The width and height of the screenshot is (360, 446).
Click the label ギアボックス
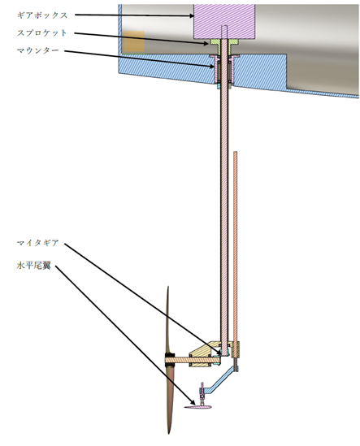click(x=42, y=15)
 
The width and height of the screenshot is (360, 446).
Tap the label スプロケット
click(x=42, y=32)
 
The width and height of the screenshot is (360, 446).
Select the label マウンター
click(x=38, y=50)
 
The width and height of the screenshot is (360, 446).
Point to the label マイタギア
click(x=38, y=243)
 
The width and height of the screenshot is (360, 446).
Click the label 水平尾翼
click(x=34, y=266)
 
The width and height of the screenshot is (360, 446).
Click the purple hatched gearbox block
click(x=224, y=21)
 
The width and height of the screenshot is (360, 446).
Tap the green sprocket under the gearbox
click(x=224, y=45)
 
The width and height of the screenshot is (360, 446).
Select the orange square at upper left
click(x=134, y=41)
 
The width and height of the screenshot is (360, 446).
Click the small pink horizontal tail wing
click(x=198, y=407)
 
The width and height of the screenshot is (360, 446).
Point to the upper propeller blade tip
click(x=168, y=287)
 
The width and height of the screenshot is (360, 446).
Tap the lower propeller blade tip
click(x=169, y=433)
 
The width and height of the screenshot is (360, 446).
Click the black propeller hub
click(x=170, y=361)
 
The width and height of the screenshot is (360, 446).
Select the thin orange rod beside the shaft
click(x=236, y=246)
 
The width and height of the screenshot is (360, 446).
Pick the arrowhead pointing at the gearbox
click(x=192, y=16)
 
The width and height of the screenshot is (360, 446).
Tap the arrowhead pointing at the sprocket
click(x=206, y=44)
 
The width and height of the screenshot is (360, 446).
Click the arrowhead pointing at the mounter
click(x=212, y=67)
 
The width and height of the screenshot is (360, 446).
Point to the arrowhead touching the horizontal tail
click(x=193, y=402)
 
